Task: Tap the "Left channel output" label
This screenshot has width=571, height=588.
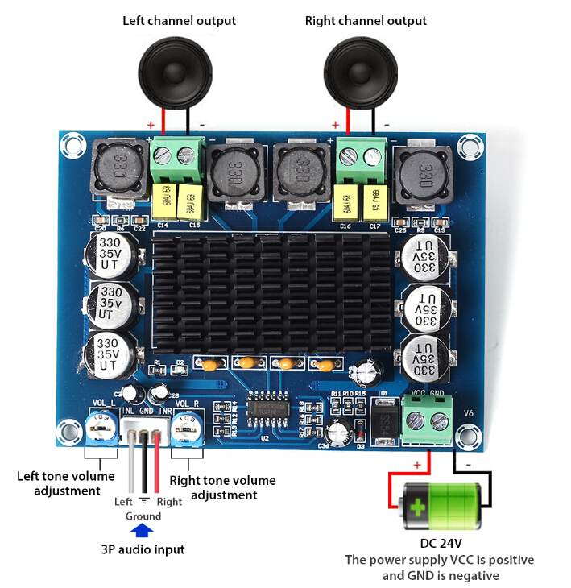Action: click(x=179, y=21)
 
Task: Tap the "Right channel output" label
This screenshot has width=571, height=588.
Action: click(x=366, y=21)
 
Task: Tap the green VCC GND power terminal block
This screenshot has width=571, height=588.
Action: click(x=427, y=420)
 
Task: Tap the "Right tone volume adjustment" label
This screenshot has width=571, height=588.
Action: click(x=222, y=487)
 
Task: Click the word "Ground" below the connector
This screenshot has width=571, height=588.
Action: click(x=143, y=516)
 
